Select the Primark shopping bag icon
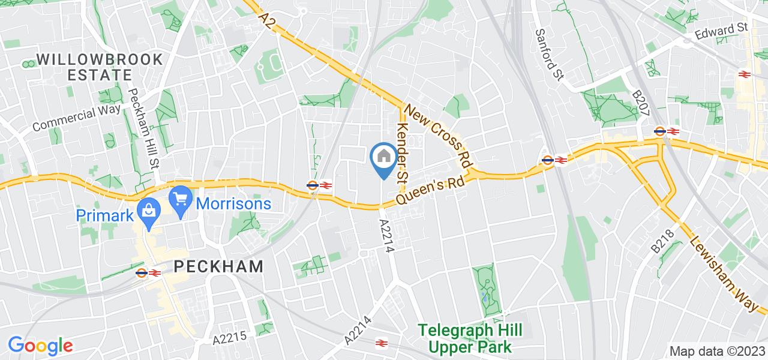146,210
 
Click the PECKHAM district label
218,267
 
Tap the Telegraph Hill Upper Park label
470,338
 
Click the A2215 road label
229,338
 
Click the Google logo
40,346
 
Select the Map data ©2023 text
716,351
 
